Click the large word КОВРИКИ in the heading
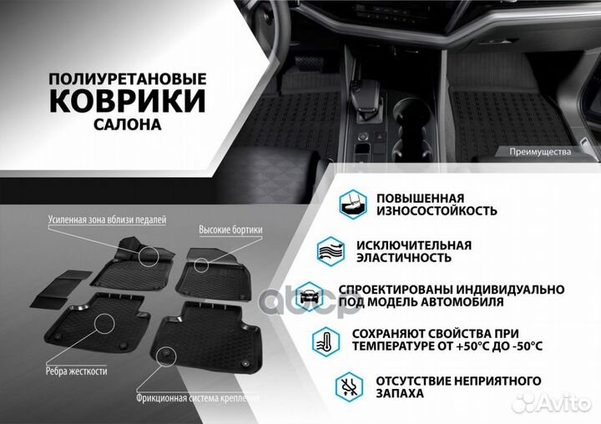click(127, 101)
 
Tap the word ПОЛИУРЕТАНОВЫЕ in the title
click(127, 77)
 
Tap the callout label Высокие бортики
click(230, 229)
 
